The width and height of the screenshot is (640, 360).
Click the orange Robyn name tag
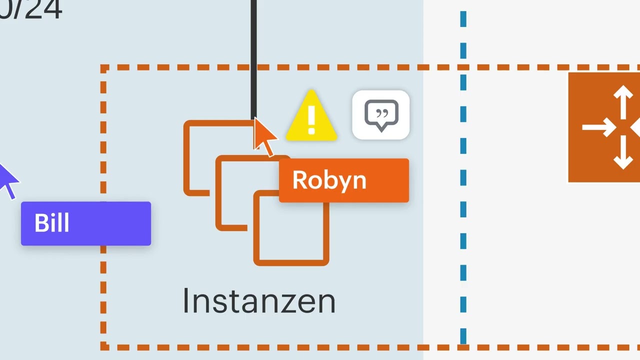tap(343, 180)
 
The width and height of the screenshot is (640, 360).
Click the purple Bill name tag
tap(85, 223)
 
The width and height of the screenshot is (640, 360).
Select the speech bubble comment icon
tap(381, 115)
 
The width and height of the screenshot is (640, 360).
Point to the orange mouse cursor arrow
tap(264, 136)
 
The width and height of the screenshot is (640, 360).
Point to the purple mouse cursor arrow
tap(8, 180)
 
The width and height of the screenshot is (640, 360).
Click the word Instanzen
tap(258, 301)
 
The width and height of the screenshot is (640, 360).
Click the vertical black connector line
tap(253, 55)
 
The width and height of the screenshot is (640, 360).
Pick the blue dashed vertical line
tap(463, 200)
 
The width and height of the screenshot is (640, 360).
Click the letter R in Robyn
tap(300, 180)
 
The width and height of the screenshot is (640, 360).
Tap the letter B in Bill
tap(41, 223)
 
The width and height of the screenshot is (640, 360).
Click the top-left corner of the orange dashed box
tap(104, 68)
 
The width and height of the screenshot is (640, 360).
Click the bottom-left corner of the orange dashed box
tap(104, 345)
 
